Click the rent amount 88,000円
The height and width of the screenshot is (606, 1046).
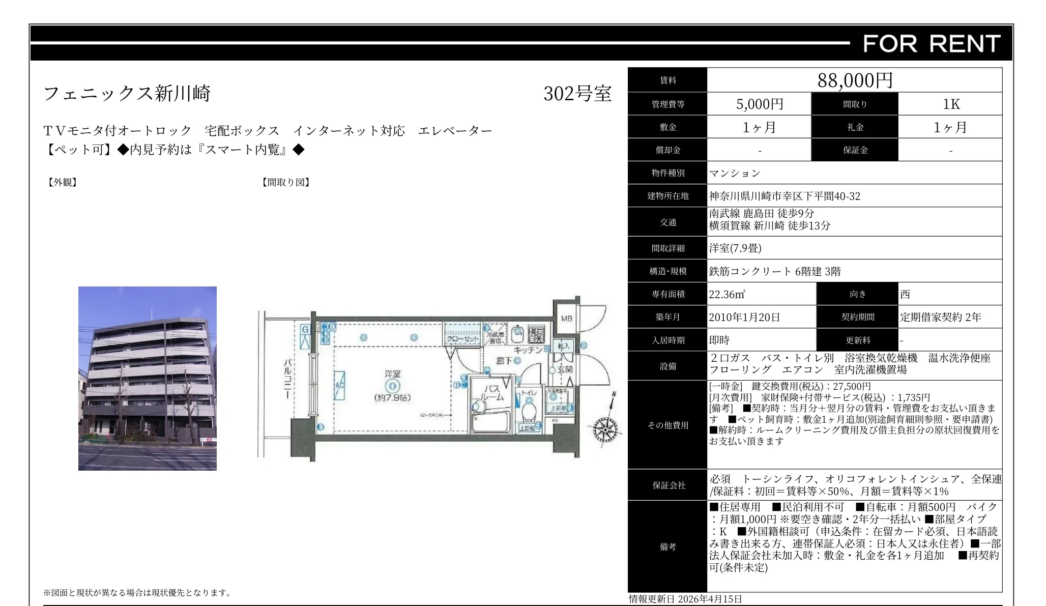[855, 80]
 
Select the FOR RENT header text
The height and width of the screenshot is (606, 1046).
[932, 44]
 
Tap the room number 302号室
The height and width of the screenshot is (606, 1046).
[577, 94]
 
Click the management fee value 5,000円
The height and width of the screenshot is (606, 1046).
[760, 104]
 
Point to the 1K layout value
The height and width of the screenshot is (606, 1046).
[950, 104]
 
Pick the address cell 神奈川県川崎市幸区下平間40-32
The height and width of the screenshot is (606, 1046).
[785, 196]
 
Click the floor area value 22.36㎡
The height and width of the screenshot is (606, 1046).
[727, 295]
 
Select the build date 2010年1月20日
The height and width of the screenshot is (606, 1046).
[744, 318]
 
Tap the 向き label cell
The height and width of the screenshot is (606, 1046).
[857, 294]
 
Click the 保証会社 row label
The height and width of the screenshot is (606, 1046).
[667, 485]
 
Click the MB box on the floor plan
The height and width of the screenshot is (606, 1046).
[566, 319]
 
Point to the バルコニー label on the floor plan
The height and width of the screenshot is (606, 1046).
[287, 379]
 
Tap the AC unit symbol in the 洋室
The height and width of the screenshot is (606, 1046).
[339, 385]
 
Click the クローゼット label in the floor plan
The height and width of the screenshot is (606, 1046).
[462, 339]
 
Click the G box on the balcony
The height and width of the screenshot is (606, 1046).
[305, 330]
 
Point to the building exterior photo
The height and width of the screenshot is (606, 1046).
[148, 378]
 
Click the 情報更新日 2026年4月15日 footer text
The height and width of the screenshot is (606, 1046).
[685, 599]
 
